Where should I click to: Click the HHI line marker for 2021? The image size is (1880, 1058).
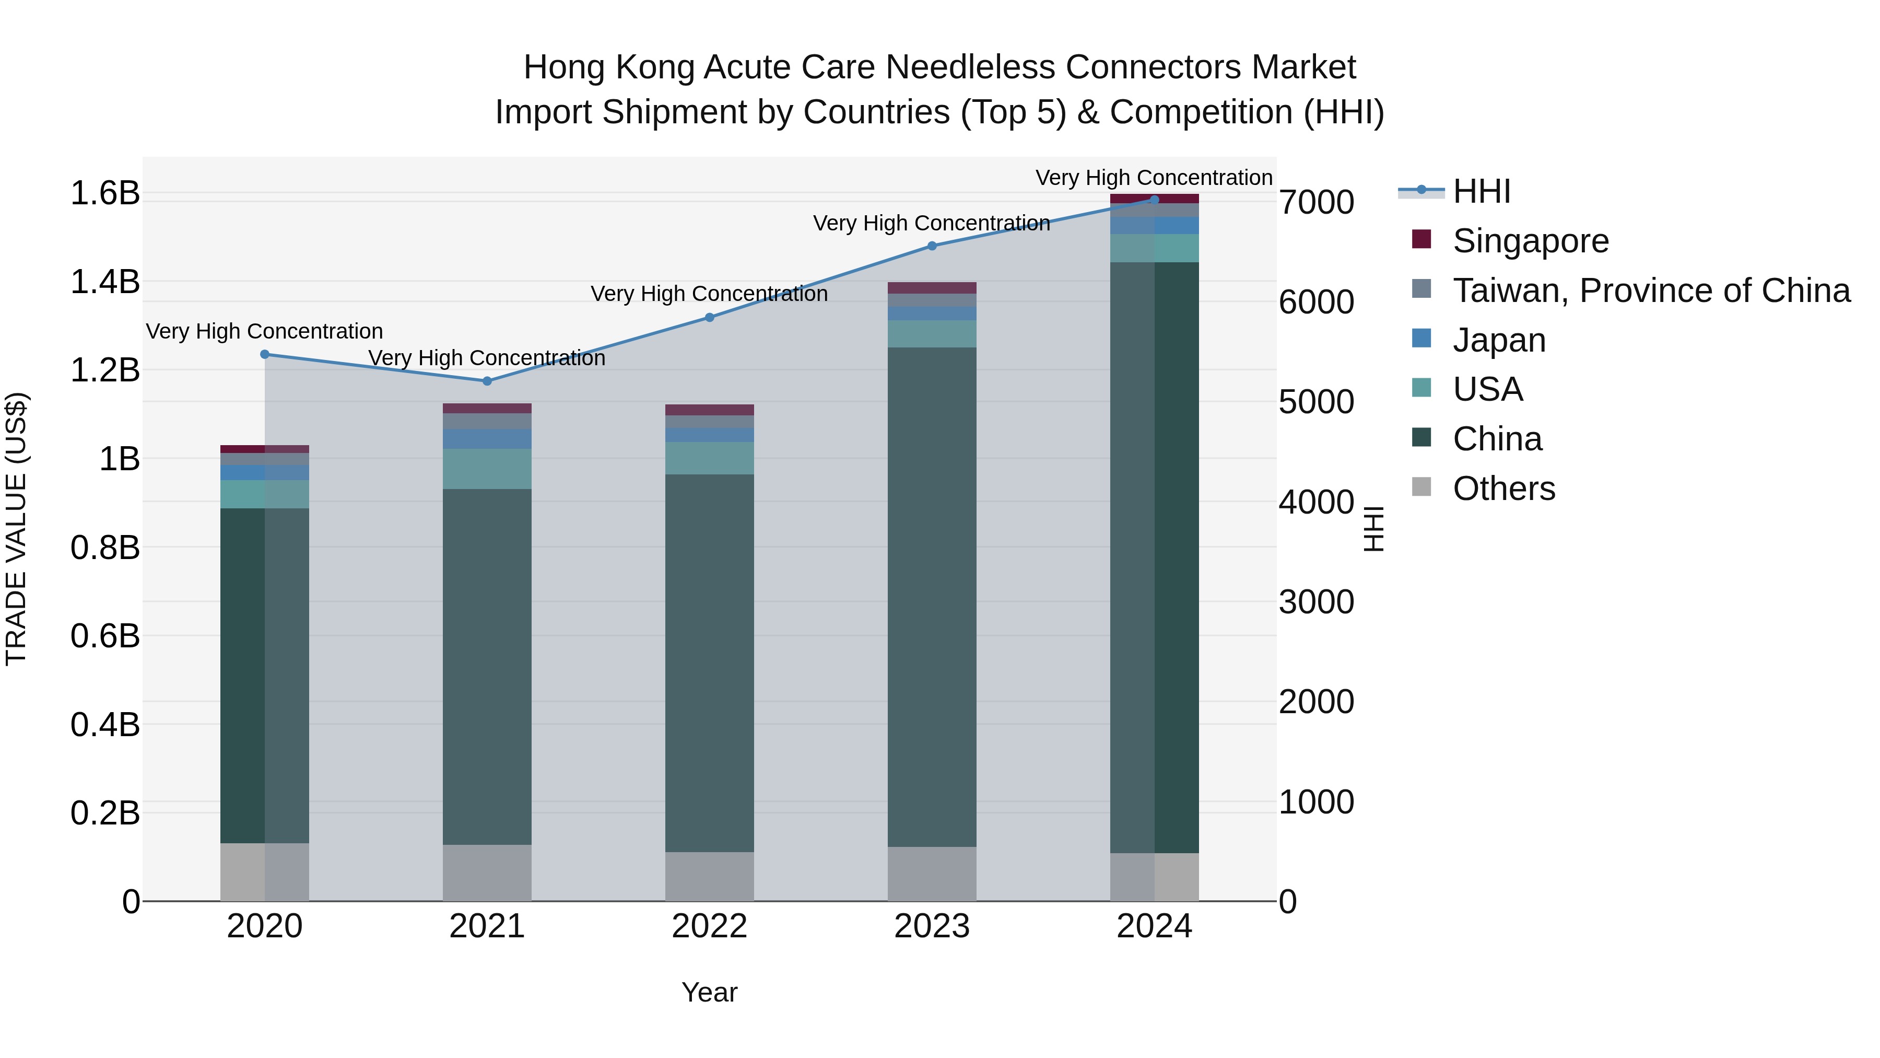point(487,381)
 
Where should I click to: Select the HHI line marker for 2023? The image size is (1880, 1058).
point(932,246)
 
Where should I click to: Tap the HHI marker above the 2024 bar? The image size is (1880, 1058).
point(1154,200)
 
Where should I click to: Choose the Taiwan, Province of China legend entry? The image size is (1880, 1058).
point(1651,290)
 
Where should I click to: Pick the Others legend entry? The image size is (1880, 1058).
point(1503,489)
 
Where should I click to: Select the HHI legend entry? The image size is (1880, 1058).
point(1481,191)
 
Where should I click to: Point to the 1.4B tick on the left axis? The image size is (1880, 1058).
point(104,282)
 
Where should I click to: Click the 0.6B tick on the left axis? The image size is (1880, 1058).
point(104,636)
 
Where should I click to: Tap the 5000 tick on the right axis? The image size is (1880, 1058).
point(1316,402)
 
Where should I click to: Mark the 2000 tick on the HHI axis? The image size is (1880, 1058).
point(1316,702)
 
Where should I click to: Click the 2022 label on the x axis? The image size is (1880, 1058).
point(709,926)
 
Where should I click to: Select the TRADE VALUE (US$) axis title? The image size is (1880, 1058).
point(16,529)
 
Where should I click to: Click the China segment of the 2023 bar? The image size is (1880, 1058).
point(932,597)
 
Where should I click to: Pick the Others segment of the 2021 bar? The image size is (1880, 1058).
point(487,873)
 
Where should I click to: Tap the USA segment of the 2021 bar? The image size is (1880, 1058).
point(487,469)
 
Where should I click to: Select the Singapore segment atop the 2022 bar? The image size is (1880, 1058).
point(709,410)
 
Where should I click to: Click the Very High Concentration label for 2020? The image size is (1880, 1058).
point(264,331)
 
